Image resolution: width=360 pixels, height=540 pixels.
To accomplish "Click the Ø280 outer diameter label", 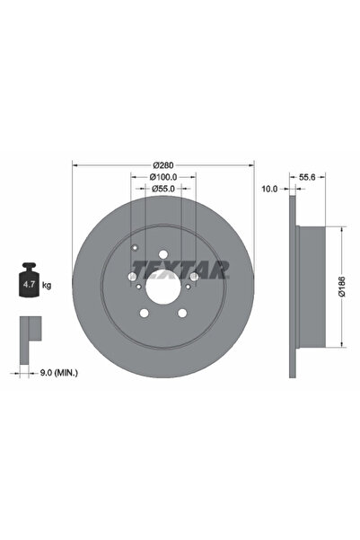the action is click(x=162, y=165).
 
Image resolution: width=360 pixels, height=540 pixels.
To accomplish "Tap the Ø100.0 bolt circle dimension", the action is click(x=163, y=177).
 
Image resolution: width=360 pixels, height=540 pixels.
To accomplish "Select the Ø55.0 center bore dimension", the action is click(x=163, y=189).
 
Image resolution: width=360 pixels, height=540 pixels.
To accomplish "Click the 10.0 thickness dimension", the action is click(x=269, y=189).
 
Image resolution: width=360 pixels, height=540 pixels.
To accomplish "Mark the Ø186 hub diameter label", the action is click(x=341, y=287).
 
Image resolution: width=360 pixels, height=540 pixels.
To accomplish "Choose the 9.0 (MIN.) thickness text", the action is click(x=59, y=372).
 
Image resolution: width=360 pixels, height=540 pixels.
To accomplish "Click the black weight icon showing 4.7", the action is click(x=30, y=279).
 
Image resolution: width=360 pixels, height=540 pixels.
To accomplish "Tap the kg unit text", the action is click(x=47, y=285).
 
